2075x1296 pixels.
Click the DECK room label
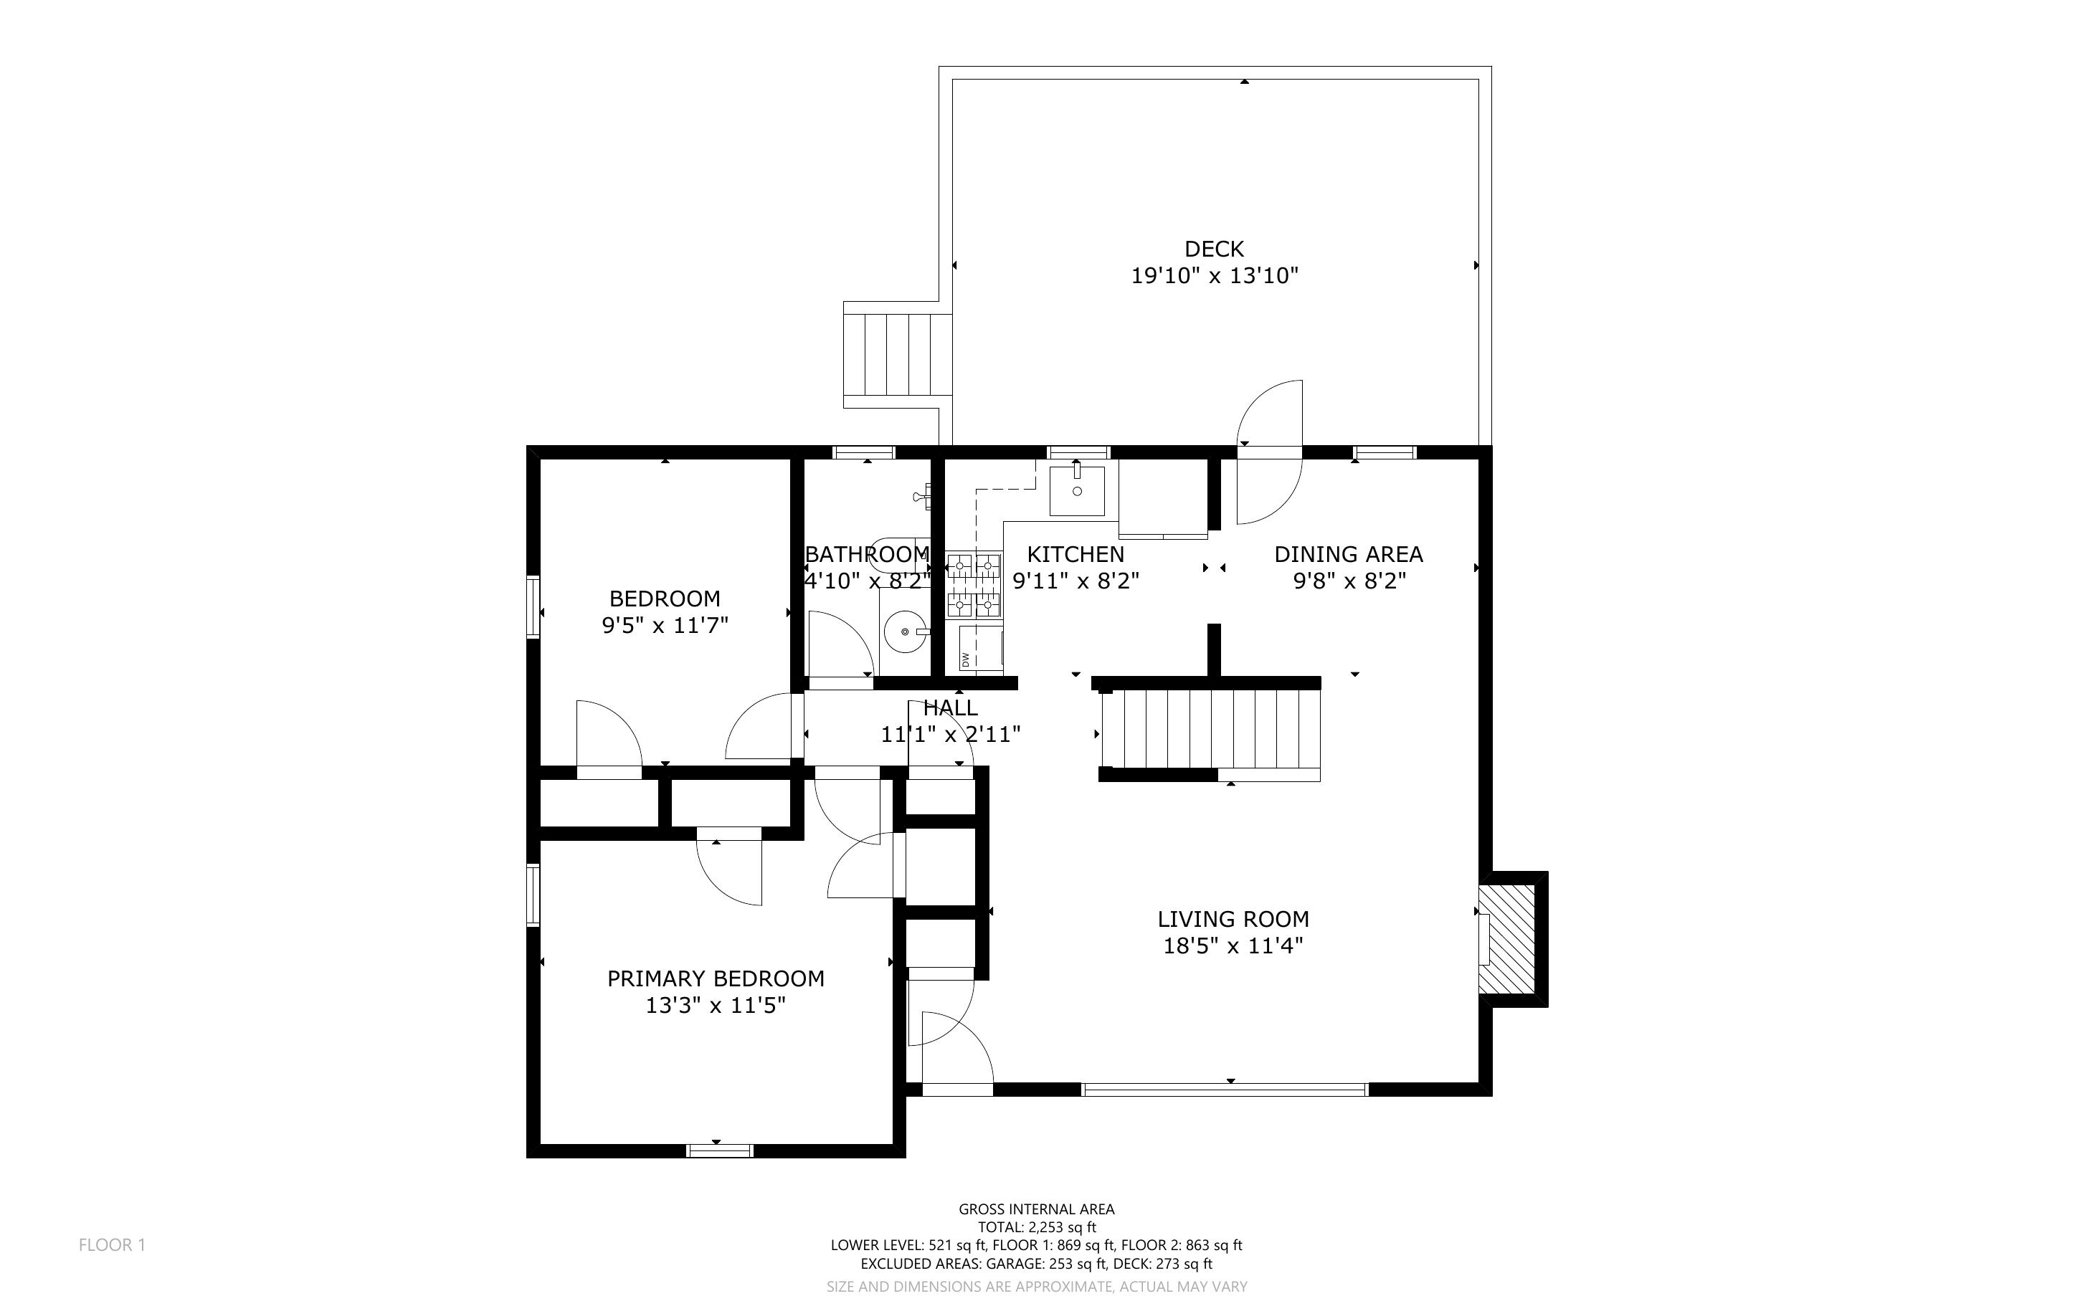tap(1214, 249)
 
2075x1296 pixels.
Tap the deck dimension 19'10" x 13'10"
tap(1215, 276)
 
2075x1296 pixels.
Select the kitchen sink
tap(1078, 490)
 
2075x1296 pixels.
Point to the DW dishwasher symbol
tap(981, 649)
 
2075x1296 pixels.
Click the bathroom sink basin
tap(905, 632)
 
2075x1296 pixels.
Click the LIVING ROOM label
tap(1233, 920)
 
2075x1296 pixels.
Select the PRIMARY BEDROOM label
tap(716, 979)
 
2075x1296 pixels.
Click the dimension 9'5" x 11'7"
tap(665, 626)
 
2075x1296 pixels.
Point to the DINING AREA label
tap(1348, 555)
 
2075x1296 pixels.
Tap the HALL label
tap(951, 708)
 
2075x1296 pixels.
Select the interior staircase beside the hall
tap(1210, 730)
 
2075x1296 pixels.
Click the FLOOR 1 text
tap(113, 1245)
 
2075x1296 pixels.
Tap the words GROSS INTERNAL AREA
tap(1036, 1209)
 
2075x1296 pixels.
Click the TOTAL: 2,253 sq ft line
tap(1036, 1227)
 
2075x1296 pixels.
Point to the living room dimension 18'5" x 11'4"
tap(1233, 946)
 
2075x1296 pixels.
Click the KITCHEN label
tap(1076, 555)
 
